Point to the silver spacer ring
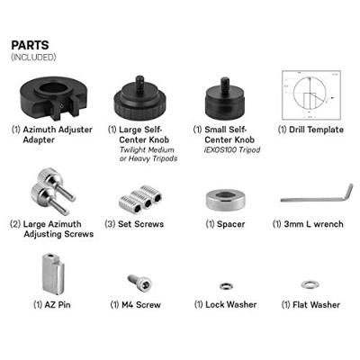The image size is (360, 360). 223,199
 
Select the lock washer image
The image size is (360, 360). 226,285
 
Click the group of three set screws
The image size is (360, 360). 138,197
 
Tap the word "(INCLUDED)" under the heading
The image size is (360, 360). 33,58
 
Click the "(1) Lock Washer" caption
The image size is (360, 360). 226,305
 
